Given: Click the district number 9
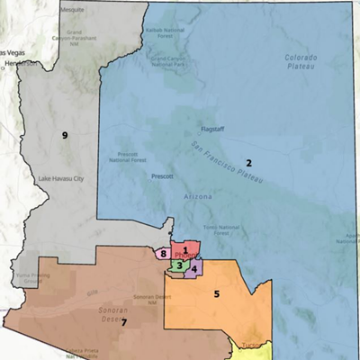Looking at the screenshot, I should pos(65,135).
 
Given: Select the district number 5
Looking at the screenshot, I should pos(216,293).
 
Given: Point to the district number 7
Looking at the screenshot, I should pos(124,322).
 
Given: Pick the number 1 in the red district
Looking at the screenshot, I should pos(184,249).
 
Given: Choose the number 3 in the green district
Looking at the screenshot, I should pos(180,265).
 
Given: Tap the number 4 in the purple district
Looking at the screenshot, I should pos(194,269).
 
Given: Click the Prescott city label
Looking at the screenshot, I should pos(163,176).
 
